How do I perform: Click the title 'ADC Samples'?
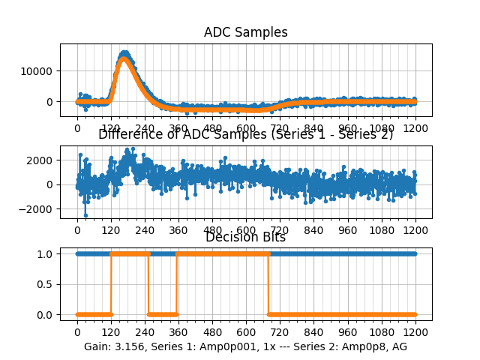[245, 32]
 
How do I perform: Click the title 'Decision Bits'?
[245, 237]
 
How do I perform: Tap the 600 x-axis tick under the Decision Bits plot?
[246, 332]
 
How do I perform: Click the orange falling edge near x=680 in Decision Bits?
[268, 284]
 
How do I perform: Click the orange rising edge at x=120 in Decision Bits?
[111, 284]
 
